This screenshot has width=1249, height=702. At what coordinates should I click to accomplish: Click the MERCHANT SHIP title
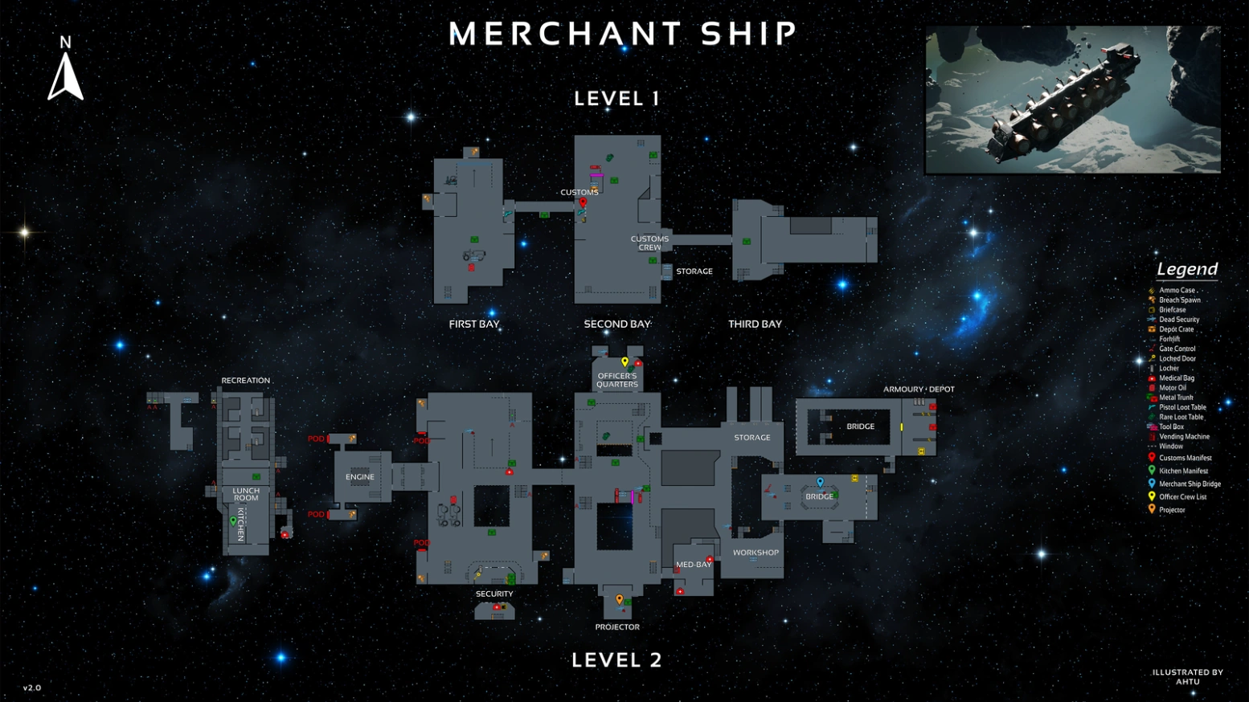623,34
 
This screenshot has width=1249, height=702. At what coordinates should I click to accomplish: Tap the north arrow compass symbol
65,72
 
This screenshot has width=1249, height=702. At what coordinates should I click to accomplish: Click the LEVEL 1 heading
616,99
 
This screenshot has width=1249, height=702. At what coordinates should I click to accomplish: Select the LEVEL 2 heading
616,660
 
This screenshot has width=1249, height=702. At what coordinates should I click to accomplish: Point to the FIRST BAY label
474,324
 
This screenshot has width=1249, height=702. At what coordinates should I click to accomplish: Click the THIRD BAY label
755,324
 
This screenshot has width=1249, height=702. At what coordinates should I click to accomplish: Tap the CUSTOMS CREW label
649,243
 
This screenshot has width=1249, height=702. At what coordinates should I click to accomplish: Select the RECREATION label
246,381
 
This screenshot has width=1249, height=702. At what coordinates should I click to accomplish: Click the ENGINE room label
360,477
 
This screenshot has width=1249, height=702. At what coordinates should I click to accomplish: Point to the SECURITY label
494,594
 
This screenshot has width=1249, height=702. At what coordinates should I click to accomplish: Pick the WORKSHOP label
756,553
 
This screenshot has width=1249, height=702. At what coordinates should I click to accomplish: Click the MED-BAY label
694,565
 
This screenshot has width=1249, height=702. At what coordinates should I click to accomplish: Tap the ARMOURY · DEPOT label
919,390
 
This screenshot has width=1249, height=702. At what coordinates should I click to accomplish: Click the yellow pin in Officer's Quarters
624,362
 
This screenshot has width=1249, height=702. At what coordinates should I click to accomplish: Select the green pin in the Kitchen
233,521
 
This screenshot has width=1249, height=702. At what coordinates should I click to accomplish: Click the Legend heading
1187,269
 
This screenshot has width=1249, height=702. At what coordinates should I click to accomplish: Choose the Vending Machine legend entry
1184,437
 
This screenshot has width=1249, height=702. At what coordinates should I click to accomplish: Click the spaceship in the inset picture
1061,100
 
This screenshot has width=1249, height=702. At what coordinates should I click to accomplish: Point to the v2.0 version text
32,688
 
